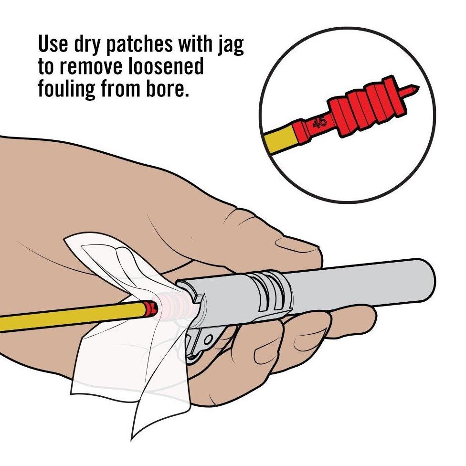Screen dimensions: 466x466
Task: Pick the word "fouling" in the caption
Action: point(65,89)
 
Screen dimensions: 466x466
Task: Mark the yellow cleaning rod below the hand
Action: point(72,318)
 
